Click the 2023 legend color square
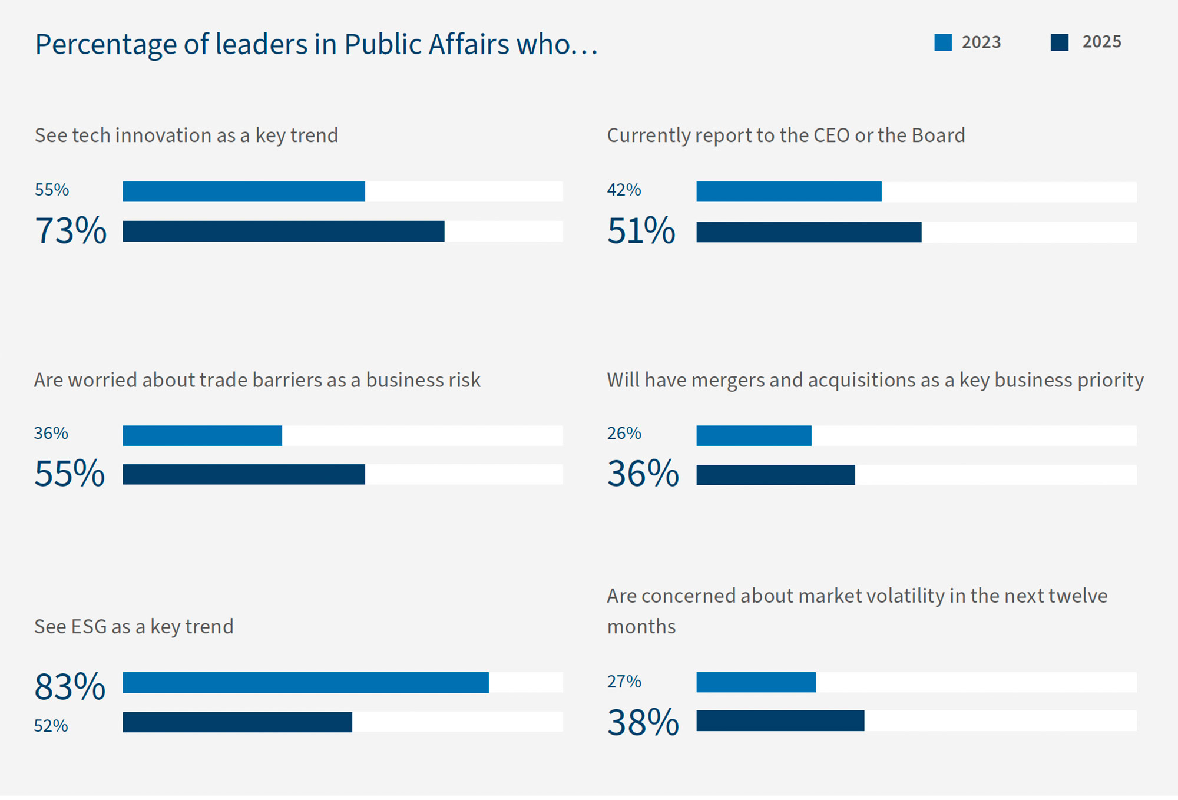942,42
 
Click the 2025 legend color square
1059,42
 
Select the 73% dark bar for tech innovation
283,231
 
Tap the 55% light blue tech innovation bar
244,191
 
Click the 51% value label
641,230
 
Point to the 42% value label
624,190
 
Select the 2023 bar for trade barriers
202,435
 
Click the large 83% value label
70,686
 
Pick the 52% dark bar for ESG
237,722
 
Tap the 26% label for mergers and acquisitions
624,433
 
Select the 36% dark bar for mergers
775,475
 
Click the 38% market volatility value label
643,722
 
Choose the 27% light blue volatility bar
756,682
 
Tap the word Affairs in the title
468,44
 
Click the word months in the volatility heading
641,626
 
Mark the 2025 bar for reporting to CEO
808,232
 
